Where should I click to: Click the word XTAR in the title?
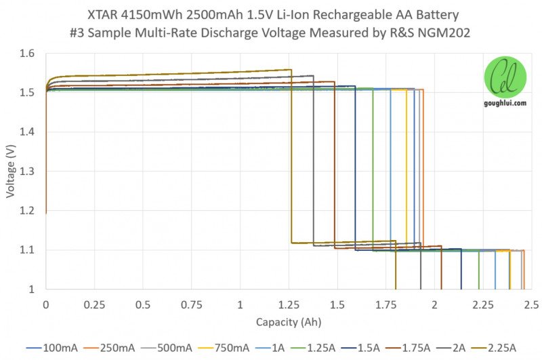click(x=102, y=14)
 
